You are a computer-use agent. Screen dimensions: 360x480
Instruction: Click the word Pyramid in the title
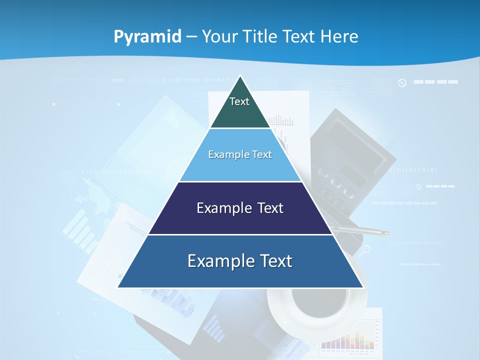pos(147,37)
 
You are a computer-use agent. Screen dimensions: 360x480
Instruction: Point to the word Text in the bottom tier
pos(274,261)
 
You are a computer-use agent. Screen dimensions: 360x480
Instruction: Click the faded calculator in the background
pos(350,160)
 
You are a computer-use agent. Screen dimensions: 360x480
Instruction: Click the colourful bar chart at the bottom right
pos(347,339)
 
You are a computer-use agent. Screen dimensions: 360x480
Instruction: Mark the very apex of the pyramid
pos(240,76)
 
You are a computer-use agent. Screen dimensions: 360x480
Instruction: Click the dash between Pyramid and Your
pos(191,37)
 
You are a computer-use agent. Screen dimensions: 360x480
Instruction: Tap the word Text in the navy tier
pos(271,208)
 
